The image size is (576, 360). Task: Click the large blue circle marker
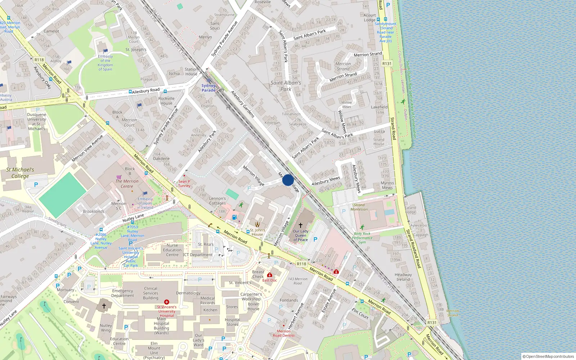pyautogui.click(x=288, y=180)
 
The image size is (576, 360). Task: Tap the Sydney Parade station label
pyautogui.click(x=208, y=88)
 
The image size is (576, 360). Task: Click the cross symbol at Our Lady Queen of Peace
pyautogui.click(x=301, y=225)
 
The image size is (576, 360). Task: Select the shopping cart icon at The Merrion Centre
pyautogui.click(x=119, y=177)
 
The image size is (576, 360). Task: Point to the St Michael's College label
pyautogui.click(x=20, y=173)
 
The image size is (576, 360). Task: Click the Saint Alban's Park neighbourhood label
pyautogui.click(x=286, y=86)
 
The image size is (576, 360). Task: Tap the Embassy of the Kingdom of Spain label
pyautogui.click(x=105, y=63)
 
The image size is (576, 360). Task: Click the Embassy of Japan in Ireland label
pyautogui.click(x=145, y=203)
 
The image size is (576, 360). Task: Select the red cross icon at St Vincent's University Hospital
pyautogui.click(x=167, y=302)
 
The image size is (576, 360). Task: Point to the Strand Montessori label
pyautogui.click(x=359, y=207)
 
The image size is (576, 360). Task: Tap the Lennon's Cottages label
pyautogui.click(x=217, y=201)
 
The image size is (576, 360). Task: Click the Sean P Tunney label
pyautogui.click(x=184, y=184)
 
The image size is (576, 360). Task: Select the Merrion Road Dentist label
pyautogui.click(x=284, y=333)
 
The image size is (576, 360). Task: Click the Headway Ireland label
pyautogui.click(x=403, y=277)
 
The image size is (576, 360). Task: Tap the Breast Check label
pyautogui.click(x=258, y=274)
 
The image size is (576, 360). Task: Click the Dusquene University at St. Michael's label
pyautogui.click(x=36, y=122)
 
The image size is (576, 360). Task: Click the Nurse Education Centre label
pyautogui.click(x=172, y=250)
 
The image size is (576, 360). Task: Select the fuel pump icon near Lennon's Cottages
pyautogui.click(x=234, y=217)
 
